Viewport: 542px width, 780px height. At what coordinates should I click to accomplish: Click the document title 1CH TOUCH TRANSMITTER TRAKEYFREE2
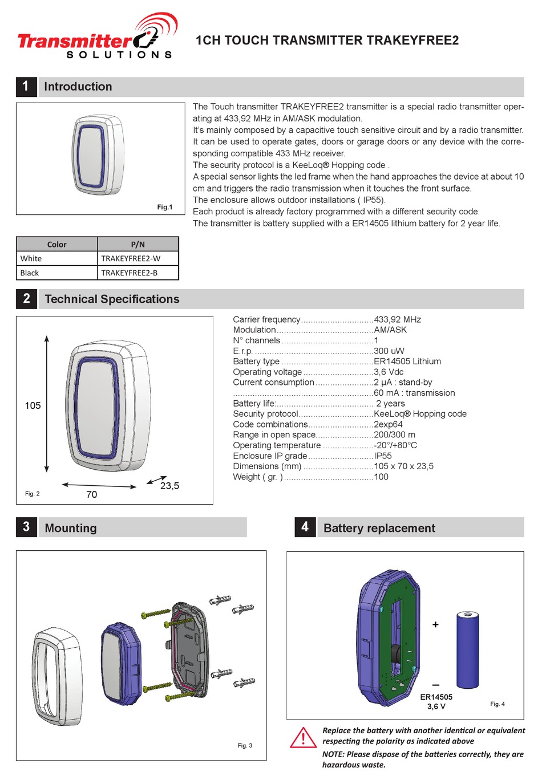(x=327, y=40)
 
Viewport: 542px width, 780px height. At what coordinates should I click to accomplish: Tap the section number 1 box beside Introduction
(x=26, y=87)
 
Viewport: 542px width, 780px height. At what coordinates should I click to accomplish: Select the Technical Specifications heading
(x=112, y=299)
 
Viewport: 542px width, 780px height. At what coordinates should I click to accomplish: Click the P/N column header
(x=137, y=245)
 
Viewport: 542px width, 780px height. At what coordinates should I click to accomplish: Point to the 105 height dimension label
(x=33, y=406)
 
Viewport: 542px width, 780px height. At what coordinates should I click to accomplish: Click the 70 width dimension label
(x=91, y=495)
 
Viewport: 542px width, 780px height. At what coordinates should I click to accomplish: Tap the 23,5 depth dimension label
(x=169, y=486)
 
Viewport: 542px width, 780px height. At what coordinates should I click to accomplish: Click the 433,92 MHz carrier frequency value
(x=397, y=320)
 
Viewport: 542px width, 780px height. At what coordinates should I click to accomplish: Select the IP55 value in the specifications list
(x=383, y=456)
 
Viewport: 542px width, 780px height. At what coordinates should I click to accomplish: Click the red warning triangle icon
(x=304, y=738)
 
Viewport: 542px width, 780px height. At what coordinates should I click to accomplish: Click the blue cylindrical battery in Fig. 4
(x=467, y=650)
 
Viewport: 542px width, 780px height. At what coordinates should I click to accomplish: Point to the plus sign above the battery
(x=435, y=625)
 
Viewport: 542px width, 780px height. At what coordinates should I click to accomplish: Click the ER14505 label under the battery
(x=436, y=697)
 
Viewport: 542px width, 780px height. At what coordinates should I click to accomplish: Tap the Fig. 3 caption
(x=245, y=746)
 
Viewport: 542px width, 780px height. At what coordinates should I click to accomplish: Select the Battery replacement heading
(x=379, y=529)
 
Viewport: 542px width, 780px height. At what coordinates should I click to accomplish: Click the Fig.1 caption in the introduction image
(x=164, y=208)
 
